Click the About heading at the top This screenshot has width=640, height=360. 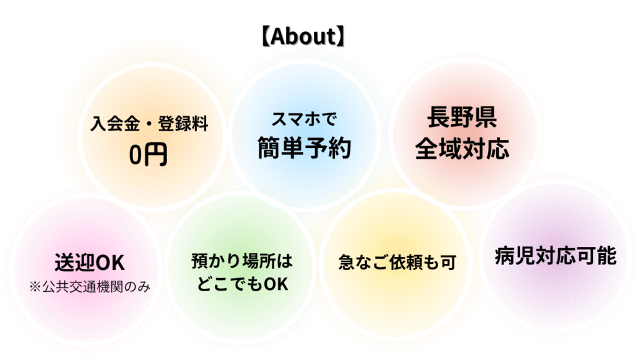tap(303, 36)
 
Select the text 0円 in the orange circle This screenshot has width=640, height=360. tap(148, 155)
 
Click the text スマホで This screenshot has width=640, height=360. tap(304, 119)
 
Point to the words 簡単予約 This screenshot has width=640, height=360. tap(304, 147)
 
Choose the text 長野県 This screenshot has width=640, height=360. tap(462, 117)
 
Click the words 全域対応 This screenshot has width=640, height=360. tap(462, 148)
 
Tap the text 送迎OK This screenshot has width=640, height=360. tap(89, 262)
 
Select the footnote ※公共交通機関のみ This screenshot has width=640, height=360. tap(89, 287)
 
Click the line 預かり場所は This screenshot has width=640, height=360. tap(242, 261)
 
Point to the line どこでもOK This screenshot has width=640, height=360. tap(242, 284)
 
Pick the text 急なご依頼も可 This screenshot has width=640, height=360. tap(397, 262)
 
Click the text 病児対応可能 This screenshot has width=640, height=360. tap(556, 256)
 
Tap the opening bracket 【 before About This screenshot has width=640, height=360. tap(265, 36)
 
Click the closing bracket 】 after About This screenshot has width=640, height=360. tap(341, 36)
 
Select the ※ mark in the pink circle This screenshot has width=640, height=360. tap(35, 287)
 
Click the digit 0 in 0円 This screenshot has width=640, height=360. tap(135, 155)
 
